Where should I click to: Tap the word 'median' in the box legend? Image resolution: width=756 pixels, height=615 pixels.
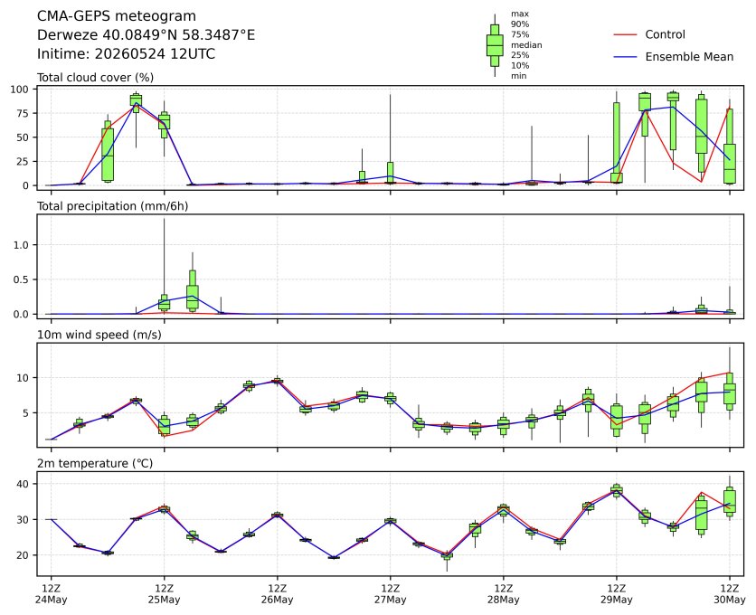pyautogui.click(x=526, y=45)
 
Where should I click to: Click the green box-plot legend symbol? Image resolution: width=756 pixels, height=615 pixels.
pyautogui.click(x=495, y=45)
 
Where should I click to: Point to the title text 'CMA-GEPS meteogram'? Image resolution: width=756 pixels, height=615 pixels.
pyautogui.click(x=117, y=16)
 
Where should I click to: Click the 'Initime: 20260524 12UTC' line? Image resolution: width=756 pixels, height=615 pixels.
pyautogui.click(x=127, y=53)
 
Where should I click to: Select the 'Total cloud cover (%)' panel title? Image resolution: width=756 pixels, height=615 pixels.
pyautogui.click(x=96, y=78)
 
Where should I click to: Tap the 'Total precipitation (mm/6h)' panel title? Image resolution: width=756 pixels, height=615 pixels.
pyautogui.click(x=113, y=206)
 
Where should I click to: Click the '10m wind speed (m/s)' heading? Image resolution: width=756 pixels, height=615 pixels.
pyautogui.click(x=99, y=335)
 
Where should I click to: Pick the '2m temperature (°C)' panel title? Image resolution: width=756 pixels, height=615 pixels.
pyautogui.click(x=95, y=464)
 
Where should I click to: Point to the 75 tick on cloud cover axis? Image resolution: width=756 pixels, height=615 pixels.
pyautogui.click(x=23, y=113)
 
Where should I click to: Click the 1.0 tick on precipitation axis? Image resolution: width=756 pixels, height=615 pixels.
pyautogui.click(x=22, y=245)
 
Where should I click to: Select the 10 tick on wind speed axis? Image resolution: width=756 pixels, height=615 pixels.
pyautogui.click(x=24, y=378)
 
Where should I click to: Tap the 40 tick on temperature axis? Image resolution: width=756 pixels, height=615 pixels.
pyautogui.click(x=24, y=484)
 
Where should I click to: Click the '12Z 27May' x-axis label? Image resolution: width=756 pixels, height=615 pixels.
pyautogui.click(x=390, y=594)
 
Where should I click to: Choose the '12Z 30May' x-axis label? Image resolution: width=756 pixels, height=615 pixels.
pyautogui.click(x=730, y=594)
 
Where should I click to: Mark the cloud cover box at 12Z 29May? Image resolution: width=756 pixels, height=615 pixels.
pyautogui.click(x=616, y=142)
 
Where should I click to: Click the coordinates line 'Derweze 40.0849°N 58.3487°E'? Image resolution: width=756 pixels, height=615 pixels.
pyautogui.click(x=146, y=35)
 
